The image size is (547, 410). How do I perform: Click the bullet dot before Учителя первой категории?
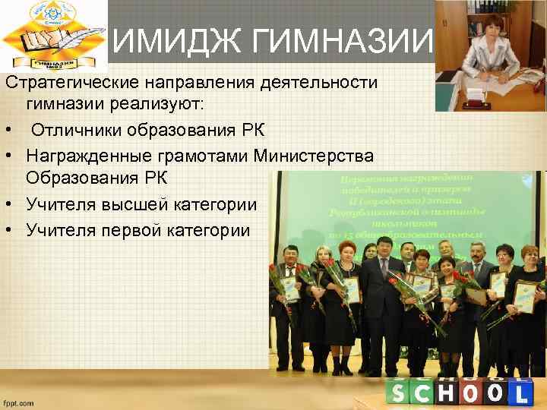point(10,230)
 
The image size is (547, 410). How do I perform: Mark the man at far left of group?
point(286,304)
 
